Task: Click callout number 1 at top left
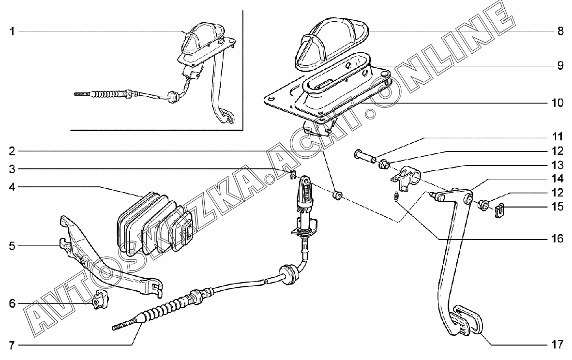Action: pos(12,32)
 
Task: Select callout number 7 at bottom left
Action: pos(12,345)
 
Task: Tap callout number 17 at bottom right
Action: pos(557,345)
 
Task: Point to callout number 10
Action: pos(557,103)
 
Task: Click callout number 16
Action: pos(557,239)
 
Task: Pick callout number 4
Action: pos(12,187)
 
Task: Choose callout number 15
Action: pos(557,207)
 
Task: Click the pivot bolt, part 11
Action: pos(364,156)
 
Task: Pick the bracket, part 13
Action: pos(406,177)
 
